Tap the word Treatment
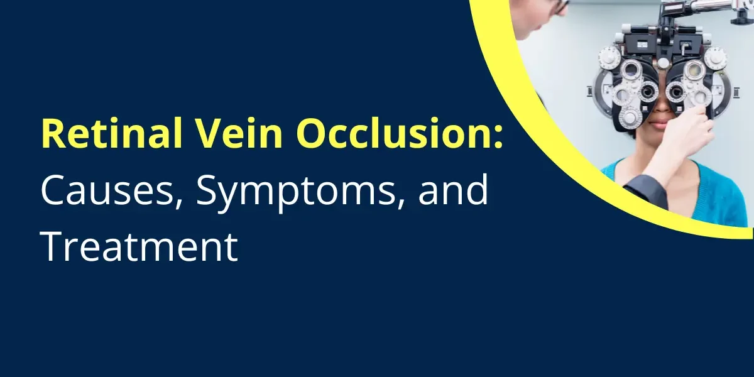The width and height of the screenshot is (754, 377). click(139, 247)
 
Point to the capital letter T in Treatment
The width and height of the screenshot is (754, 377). click(52, 247)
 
